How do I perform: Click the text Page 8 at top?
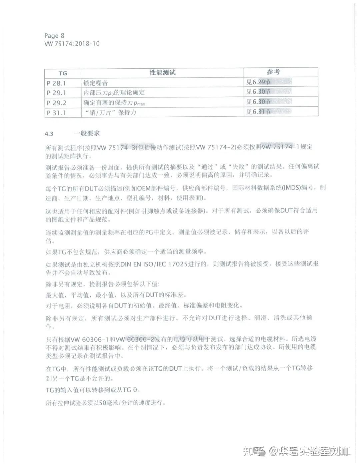tap(54, 36)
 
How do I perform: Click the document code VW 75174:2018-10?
tap(72, 44)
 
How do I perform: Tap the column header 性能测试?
tap(162, 73)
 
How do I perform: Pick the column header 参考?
tap(273, 72)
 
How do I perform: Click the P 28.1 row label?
tap(56, 83)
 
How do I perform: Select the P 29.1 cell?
tap(56, 93)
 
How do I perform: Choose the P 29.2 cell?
tap(57, 103)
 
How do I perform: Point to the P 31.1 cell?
tap(56, 113)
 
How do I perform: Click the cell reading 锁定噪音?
tap(96, 83)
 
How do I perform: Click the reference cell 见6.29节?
tap(258, 82)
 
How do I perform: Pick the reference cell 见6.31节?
tap(258, 112)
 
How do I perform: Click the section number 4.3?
tap(49, 134)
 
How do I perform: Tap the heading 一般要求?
tap(87, 133)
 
